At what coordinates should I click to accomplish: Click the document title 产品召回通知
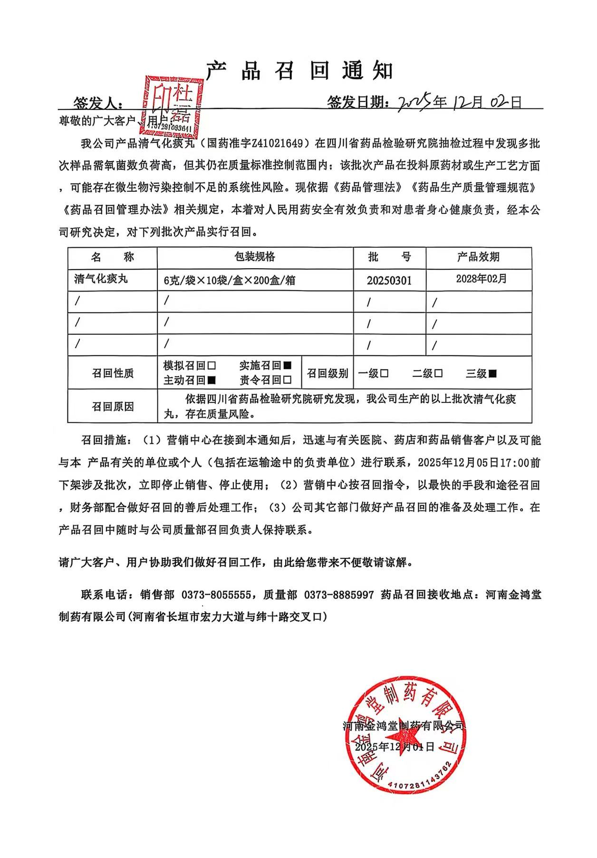(300, 70)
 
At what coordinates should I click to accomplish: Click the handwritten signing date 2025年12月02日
(459, 102)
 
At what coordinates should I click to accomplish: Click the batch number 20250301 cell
(389, 281)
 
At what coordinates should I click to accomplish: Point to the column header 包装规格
(255, 257)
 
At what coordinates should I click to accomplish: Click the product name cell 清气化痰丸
(101, 279)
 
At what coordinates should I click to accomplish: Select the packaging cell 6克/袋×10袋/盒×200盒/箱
(229, 281)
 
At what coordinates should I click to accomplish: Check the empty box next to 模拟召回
(212, 366)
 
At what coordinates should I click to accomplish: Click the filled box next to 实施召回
(287, 366)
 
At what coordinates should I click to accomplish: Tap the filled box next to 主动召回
(212, 380)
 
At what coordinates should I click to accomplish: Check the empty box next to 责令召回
(287, 380)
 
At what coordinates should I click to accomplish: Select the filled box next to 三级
(492, 374)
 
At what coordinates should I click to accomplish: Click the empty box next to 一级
(384, 374)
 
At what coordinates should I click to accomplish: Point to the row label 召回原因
(113, 407)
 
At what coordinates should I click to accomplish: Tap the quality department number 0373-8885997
(339, 595)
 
